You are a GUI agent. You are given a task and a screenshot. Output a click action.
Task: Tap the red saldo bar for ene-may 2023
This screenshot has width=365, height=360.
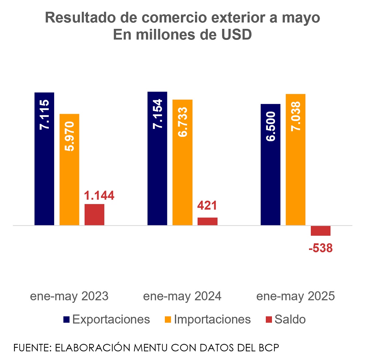coord(94,215)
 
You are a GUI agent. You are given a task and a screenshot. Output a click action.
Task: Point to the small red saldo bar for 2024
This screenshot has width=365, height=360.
coord(207,221)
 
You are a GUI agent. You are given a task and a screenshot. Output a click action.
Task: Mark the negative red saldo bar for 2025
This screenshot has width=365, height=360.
coord(321,231)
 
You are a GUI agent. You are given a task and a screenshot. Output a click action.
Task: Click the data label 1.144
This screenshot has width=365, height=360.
coord(99,196)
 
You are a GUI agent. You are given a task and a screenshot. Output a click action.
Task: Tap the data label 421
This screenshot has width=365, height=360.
coord(207,206)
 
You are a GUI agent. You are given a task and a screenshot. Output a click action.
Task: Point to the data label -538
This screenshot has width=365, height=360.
coord(321,248)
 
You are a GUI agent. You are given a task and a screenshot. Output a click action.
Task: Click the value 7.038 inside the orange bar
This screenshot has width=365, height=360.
coord(296,116)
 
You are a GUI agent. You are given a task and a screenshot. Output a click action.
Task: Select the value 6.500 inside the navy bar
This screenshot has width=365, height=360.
coord(271,126)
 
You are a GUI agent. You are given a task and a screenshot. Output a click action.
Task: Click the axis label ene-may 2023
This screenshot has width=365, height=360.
coord(69,296)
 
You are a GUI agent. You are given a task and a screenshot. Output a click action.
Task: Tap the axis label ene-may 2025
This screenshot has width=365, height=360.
coord(296,296)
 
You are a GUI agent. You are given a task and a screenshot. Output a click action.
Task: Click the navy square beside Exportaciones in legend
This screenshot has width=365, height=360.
coord(66,320)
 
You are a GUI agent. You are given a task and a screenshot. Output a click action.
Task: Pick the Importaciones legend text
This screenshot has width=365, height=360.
coord(212,320)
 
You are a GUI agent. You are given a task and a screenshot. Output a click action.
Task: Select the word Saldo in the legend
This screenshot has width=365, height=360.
coord(290,320)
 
